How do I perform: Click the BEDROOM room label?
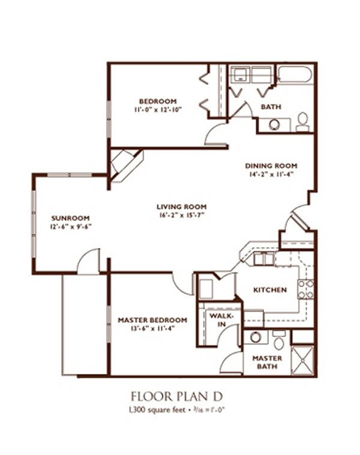[x=158, y=101]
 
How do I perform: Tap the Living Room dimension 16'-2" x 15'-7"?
[x=182, y=215]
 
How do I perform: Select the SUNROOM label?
[x=70, y=218]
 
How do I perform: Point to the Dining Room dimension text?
[x=271, y=175]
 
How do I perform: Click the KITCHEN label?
[x=270, y=290]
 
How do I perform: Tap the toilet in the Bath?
[x=303, y=122]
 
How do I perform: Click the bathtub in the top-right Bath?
[x=295, y=75]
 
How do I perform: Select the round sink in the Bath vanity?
[x=274, y=125]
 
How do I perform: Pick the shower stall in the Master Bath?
[x=302, y=360]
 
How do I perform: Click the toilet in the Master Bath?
[x=279, y=340]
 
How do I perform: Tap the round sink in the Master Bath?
[x=255, y=337]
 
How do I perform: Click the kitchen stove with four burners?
[x=306, y=289]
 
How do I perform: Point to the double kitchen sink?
[x=263, y=259]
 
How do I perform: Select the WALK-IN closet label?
[x=221, y=320]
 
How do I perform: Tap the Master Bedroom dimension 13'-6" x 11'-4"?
[x=152, y=329]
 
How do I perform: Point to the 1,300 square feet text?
[x=157, y=410]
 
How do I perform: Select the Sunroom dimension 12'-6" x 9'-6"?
[x=71, y=227]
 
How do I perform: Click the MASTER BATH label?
[x=267, y=363]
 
